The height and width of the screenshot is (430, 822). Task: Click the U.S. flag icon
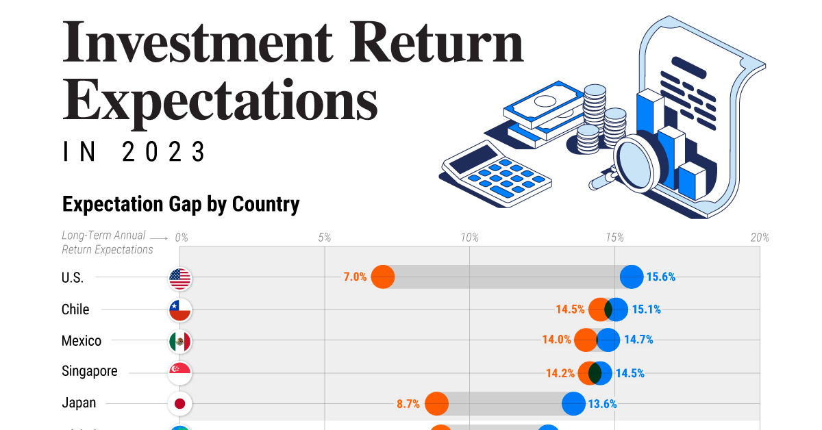point(180,278)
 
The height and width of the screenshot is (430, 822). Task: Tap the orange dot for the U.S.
point(383,277)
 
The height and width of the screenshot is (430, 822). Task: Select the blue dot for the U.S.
point(632,277)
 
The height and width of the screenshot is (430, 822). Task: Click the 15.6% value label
point(661,277)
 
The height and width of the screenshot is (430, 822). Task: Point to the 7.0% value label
point(355,277)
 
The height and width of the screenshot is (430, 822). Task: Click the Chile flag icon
point(180,309)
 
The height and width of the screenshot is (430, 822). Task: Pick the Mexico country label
point(82,341)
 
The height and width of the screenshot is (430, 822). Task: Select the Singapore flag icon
point(180,372)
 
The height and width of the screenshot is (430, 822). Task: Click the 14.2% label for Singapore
point(560,373)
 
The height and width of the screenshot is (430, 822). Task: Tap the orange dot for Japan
point(436,403)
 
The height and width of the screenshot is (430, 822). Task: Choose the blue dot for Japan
point(573,403)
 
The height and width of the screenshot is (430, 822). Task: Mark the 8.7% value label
point(408,404)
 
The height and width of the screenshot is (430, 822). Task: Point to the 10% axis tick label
point(469,238)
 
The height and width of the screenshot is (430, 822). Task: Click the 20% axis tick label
point(759,238)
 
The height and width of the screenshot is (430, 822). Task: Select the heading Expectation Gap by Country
point(181,204)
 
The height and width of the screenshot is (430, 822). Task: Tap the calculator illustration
point(497,171)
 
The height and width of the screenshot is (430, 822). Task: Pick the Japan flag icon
point(180,404)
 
